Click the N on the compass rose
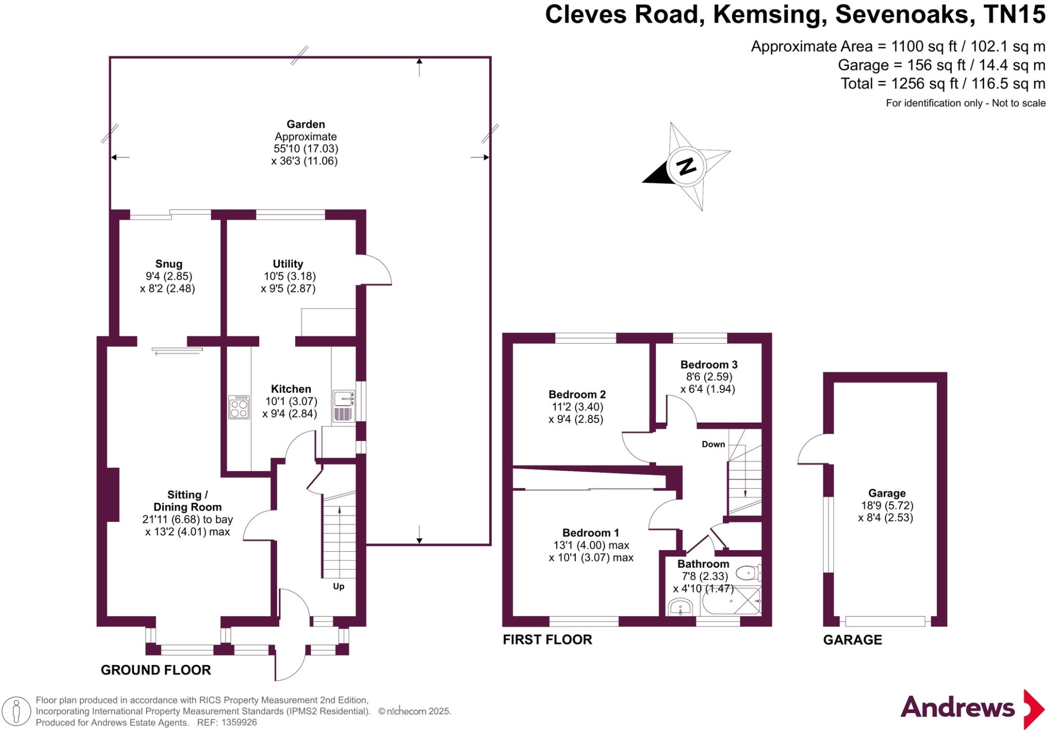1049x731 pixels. coord(686,166)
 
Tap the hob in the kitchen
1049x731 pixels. coord(239,407)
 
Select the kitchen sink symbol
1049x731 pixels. coord(343,399)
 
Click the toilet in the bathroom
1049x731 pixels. coord(748,572)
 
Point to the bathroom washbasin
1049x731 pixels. coord(681,608)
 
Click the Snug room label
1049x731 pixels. coord(169,264)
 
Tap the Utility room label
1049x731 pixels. coord(287,264)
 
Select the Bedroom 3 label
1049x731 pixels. coord(708,365)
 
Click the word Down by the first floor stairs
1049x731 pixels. coord(713,444)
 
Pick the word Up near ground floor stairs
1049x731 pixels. coord(339,587)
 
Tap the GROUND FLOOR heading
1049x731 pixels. coord(156,670)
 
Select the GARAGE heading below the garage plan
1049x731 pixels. coord(852,640)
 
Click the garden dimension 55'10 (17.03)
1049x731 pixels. coord(306,149)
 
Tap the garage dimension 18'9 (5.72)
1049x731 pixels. coord(887,506)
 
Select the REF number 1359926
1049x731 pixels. coord(239,723)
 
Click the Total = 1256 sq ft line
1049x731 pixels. coord(942,83)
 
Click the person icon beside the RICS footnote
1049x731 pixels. coord(17,712)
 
